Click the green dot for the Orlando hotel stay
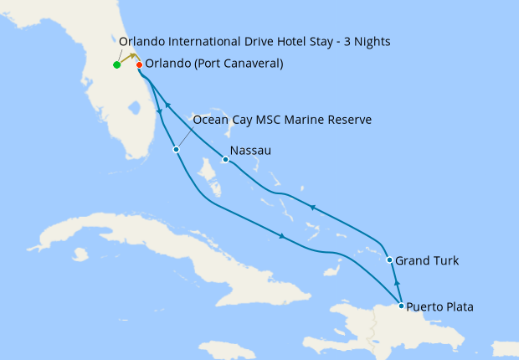[x=116, y=64]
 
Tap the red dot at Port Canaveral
[x=139, y=64]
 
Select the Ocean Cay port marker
[x=176, y=150]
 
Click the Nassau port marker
[x=225, y=159]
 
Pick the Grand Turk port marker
[x=389, y=260]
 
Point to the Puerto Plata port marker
[x=402, y=306]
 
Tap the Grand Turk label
[x=427, y=261]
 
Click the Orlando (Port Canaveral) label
[x=213, y=64]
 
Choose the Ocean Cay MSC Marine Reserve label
[x=282, y=121]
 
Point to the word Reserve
[x=349, y=121]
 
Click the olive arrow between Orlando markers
[x=129, y=57]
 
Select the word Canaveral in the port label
[x=250, y=64]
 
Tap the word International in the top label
[x=194, y=41]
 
